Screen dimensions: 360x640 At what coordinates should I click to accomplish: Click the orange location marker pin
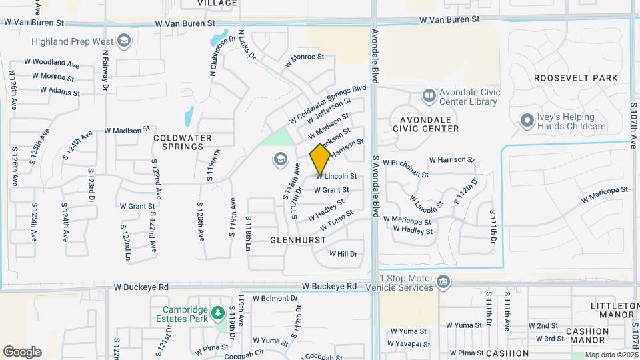[x=320, y=159]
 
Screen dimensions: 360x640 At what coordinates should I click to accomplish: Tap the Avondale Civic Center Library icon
[x=429, y=97]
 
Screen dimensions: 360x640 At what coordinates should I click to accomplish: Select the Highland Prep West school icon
[x=123, y=41]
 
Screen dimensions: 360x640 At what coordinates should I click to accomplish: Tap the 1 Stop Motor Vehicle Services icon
[x=442, y=283]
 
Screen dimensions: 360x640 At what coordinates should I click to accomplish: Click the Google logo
[x=22, y=352]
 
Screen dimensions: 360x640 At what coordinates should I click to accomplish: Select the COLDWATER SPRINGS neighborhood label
[x=182, y=142]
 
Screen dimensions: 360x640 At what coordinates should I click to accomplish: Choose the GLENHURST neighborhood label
[x=298, y=239]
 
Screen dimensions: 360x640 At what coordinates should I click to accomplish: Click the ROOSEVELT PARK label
[x=576, y=78]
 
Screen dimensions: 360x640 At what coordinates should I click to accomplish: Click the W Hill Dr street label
[x=343, y=254]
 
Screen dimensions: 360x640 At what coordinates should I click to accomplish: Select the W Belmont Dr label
[x=274, y=298]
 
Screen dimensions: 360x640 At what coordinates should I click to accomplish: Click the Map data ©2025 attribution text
[x=611, y=355]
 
